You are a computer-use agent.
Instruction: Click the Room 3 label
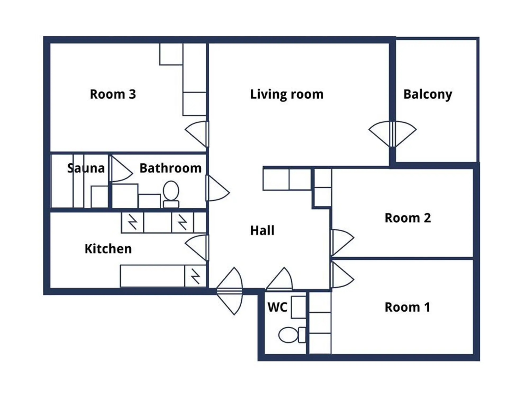(x=113, y=94)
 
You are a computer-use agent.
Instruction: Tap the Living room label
(x=287, y=94)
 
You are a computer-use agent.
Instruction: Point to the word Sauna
(x=86, y=168)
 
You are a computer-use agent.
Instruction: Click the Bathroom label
(x=170, y=168)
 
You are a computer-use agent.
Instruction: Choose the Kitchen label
(x=108, y=249)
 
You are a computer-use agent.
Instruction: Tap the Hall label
(x=262, y=231)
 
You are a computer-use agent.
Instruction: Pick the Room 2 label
(x=408, y=218)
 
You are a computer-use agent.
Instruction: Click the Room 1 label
(x=407, y=307)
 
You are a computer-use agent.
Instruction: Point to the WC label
(x=277, y=307)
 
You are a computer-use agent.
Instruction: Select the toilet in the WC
(x=292, y=335)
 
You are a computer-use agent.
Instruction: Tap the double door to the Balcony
(x=392, y=134)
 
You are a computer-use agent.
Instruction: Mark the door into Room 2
(x=342, y=242)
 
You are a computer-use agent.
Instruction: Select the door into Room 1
(x=342, y=275)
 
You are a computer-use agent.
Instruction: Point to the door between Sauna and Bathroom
(x=121, y=169)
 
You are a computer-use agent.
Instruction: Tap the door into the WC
(x=279, y=278)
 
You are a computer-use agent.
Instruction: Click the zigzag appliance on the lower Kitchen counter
(x=195, y=276)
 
